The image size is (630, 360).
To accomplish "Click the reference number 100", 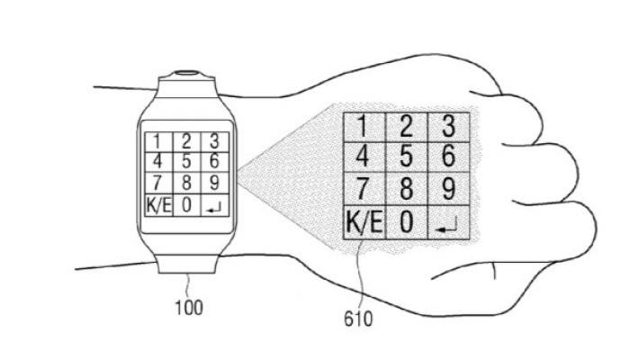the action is coord(189,308).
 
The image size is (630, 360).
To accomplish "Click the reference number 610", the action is coord(358,319).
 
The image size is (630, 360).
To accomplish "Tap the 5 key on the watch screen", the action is coord(186,161).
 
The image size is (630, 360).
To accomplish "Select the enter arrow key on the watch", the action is coord(215,205).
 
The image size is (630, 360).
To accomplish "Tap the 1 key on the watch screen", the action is coord(158,142).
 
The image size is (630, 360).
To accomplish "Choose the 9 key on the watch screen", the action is coord(215,183).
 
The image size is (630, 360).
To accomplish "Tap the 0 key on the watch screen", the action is coord(186,205).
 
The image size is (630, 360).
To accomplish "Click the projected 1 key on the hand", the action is coord(364,127).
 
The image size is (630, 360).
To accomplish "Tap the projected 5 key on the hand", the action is coord(406,157).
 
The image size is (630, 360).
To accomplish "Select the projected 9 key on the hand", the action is coord(449,189).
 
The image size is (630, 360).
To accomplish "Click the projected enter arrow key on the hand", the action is coord(449,222).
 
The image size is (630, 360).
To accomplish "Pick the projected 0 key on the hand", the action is coord(406,222).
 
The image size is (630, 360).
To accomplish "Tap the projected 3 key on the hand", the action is coord(449,127).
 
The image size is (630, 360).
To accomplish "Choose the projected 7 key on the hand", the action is coord(364,189).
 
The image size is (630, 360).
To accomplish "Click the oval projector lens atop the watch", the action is coord(187,74).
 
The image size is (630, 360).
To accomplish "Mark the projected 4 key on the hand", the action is coord(364,157).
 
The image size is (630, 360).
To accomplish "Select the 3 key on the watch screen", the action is coord(215,142).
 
